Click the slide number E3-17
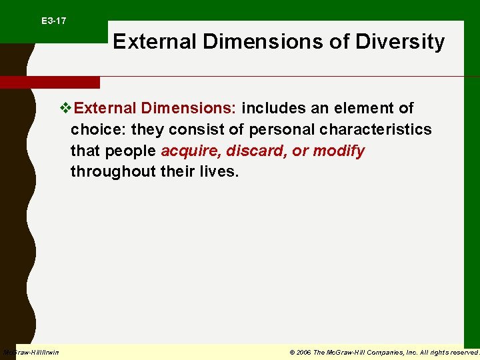tap(53, 21)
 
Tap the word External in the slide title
tap(155, 42)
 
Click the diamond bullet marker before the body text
tap(65, 108)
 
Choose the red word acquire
tap(189, 151)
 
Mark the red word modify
tap(339, 151)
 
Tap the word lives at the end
tap(217, 172)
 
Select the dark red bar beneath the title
tap(50, 82)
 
